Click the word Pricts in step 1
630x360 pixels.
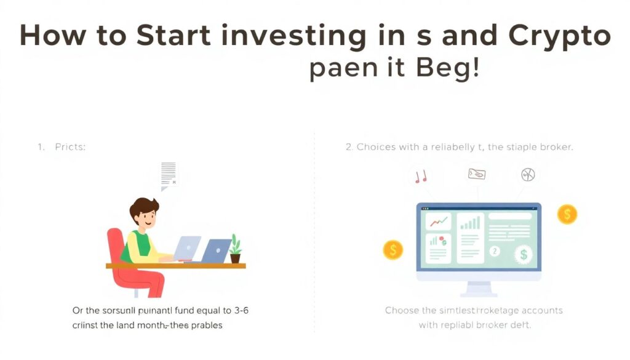pos(70,148)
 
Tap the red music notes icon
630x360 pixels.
pos(421,177)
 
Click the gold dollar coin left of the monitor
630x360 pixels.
pos(393,250)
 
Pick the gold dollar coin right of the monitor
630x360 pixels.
pos(567,214)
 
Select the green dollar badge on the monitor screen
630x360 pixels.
pos(524,253)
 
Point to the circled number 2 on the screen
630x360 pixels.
pos(493,252)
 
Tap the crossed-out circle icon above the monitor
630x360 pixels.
pos(527,174)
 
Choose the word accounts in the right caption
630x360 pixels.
pos(542,311)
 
